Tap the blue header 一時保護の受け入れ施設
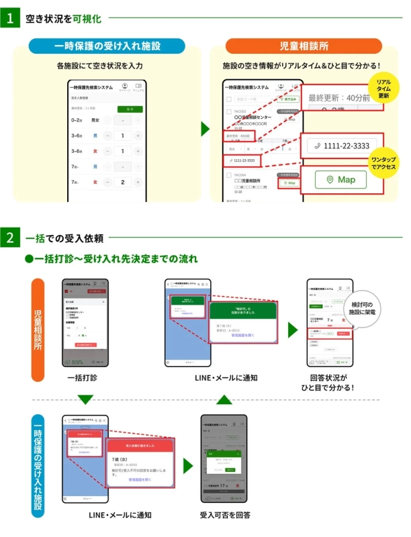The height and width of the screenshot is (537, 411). [x=107, y=46]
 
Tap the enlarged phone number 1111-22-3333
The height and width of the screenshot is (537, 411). [x=338, y=146]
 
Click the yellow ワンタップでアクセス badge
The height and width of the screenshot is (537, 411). [x=383, y=162]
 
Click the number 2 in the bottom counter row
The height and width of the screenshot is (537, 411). [x=122, y=183]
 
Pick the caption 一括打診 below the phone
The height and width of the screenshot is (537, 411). [x=83, y=378]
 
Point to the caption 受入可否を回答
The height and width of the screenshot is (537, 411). [x=225, y=515]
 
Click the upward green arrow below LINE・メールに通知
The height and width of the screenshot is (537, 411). [x=225, y=400]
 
